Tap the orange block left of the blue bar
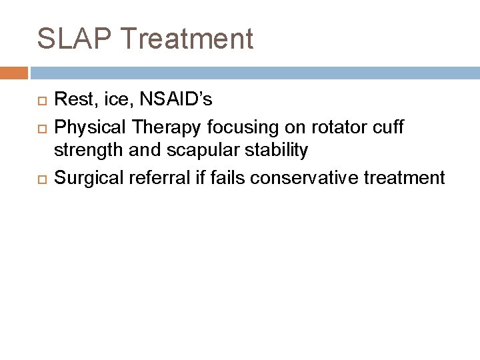[x=14, y=72]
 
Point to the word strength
[x=83, y=151]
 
